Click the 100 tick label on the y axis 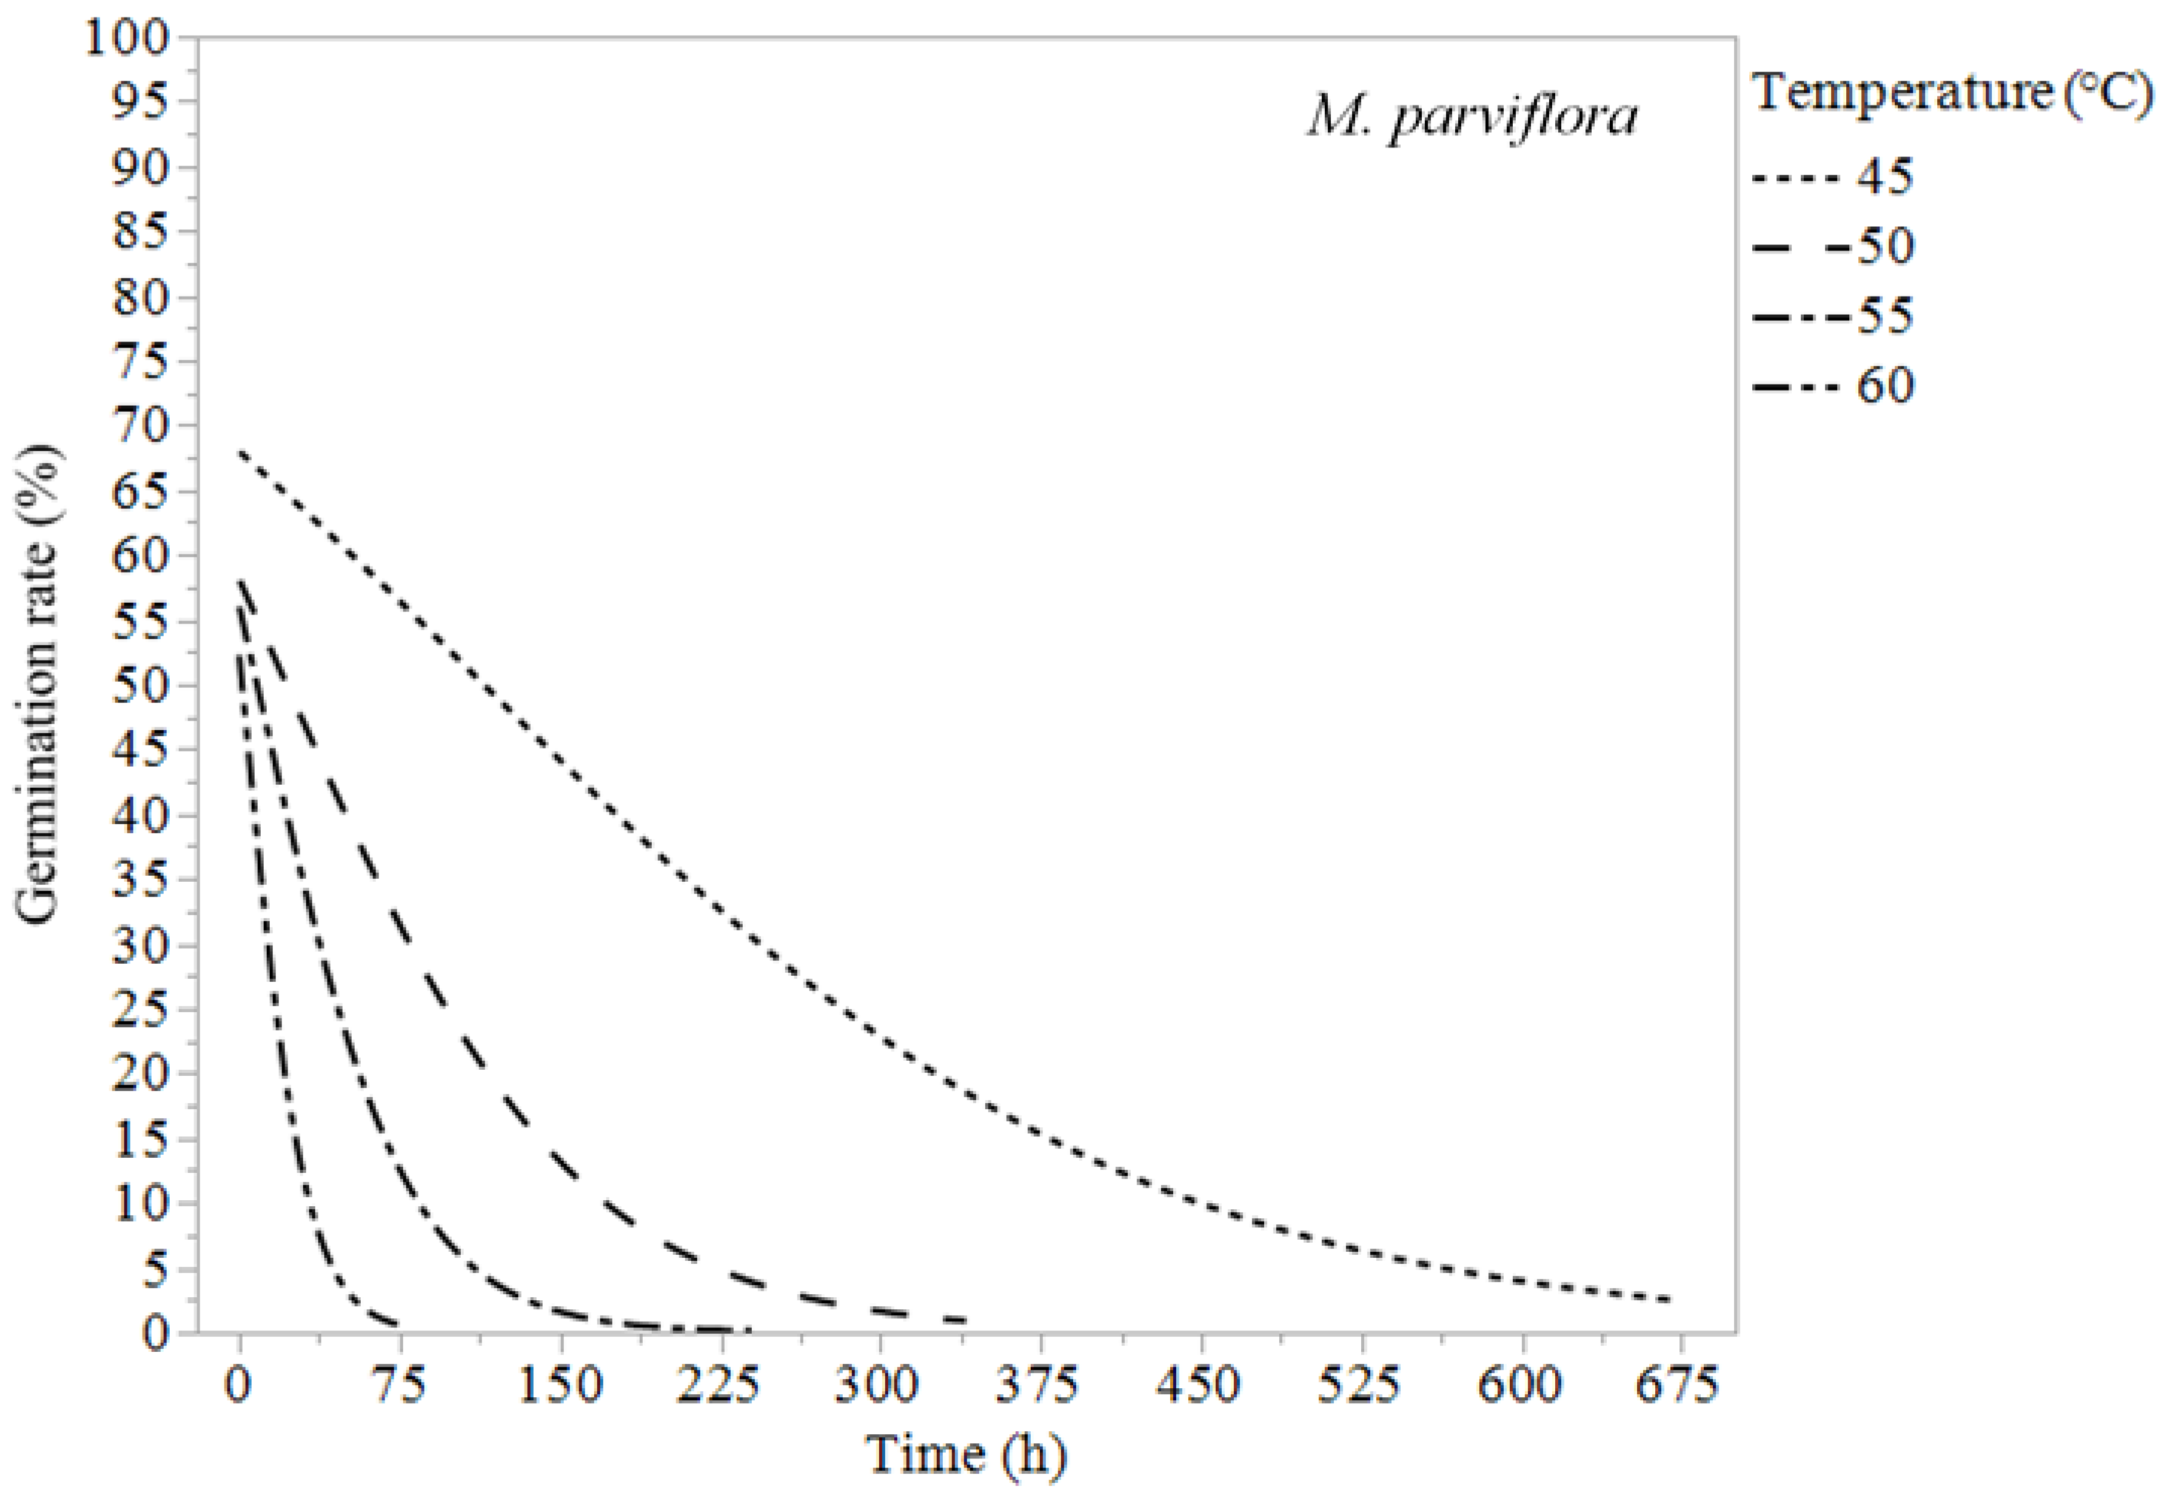pos(127,39)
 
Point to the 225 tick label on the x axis pos(719,1386)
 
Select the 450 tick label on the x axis pos(1199,1386)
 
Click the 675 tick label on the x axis pos(1678,1386)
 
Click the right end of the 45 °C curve pos(1672,1300)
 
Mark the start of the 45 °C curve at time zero pos(241,452)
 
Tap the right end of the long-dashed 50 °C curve pos(965,1320)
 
